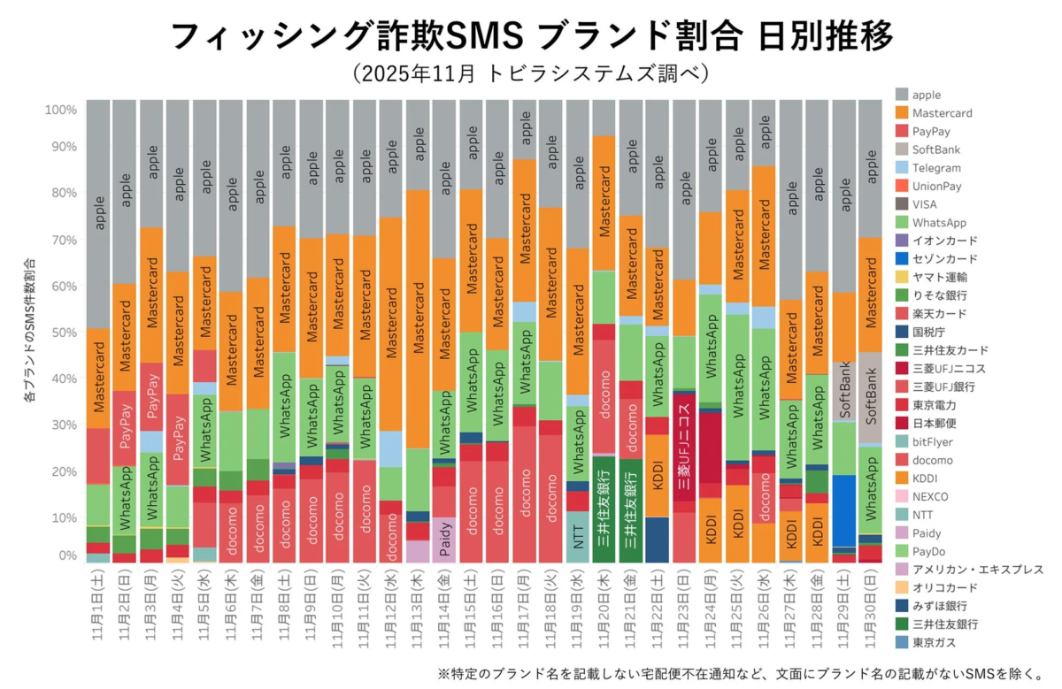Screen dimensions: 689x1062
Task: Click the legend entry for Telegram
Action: point(937,168)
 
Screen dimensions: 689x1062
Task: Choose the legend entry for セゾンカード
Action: point(945,259)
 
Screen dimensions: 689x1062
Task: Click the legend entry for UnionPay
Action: point(937,186)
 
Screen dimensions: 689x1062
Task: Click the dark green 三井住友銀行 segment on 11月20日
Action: point(604,509)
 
